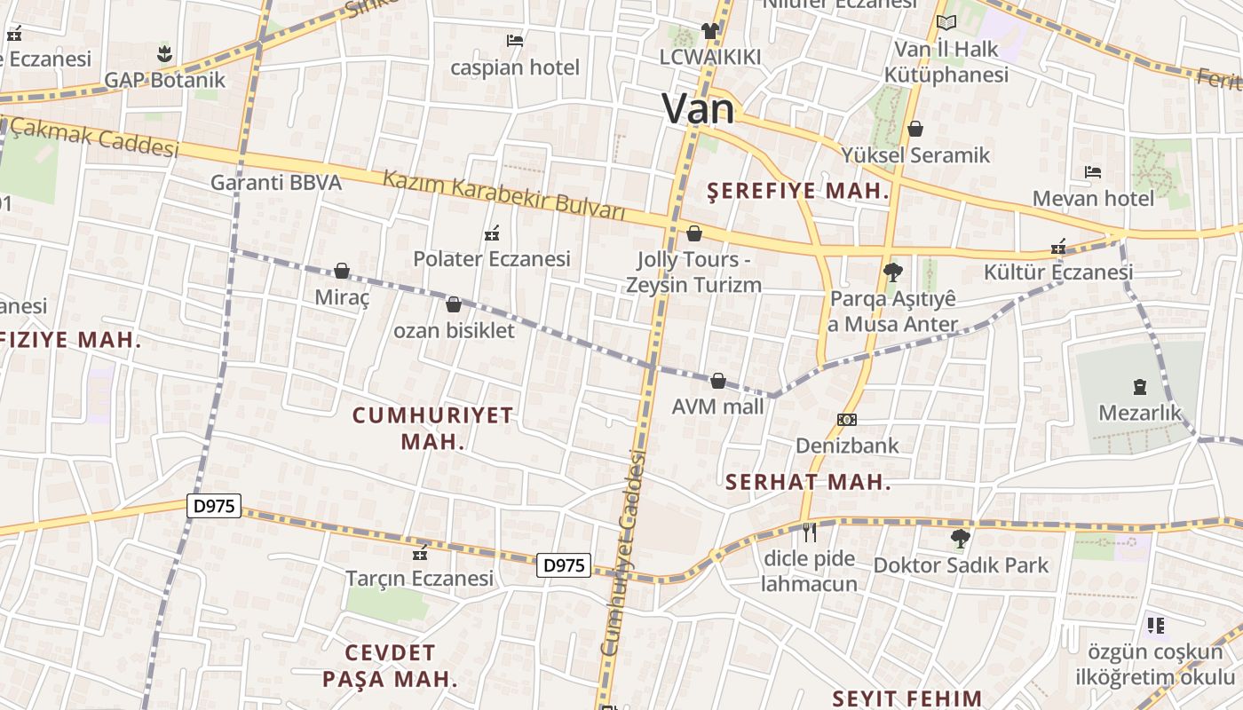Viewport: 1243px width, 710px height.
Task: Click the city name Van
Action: point(699,109)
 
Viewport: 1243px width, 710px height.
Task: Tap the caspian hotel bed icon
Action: point(514,40)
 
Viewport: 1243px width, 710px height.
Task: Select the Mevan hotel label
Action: point(1093,198)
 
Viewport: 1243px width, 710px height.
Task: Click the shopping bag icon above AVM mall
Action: point(718,381)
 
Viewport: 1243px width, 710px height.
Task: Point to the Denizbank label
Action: point(847,445)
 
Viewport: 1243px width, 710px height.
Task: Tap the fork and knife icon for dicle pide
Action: point(809,532)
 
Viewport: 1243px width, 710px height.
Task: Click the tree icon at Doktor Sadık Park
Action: point(960,538)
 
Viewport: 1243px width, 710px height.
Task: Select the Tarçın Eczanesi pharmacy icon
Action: point(420,554)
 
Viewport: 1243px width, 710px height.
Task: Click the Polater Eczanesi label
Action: point(492,259)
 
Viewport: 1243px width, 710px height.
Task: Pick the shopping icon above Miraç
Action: point(342,271)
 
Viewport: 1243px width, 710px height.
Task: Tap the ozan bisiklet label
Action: point(454,330)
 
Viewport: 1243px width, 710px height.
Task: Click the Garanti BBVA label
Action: point(276,183)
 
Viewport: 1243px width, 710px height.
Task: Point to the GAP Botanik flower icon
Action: point(164,54)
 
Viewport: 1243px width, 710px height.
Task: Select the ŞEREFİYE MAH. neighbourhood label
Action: point(797,191)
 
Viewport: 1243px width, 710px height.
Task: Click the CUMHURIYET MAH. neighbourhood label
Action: point(433,428)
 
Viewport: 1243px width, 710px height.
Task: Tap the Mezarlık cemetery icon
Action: point(1140,387)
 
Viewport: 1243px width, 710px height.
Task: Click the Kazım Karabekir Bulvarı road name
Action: point(504,195)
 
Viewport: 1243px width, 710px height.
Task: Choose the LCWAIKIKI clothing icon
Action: point(709,31)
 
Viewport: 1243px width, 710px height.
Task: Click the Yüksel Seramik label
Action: point(915,155)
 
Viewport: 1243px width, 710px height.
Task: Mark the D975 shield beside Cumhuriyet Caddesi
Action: point(564,564)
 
